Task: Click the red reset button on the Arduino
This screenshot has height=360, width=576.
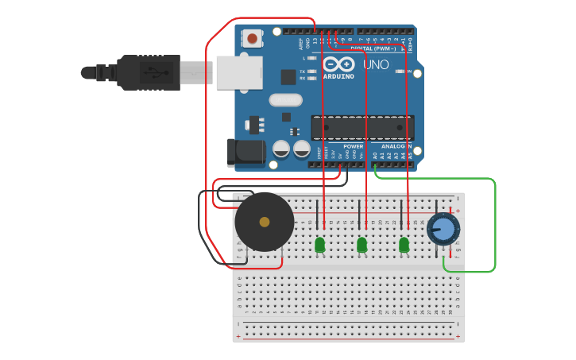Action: (x=253, y=37)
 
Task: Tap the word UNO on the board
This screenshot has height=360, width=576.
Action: (x=376, y=64)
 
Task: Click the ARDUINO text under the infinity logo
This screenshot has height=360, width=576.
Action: (x=338, y=76)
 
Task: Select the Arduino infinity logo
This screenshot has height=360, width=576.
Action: (x=338, y=64)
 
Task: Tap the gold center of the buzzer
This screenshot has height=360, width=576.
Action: (x=265, y=222)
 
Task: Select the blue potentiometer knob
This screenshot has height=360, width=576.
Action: (x=443, y=230)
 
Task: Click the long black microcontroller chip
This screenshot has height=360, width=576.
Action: (x=362, y=127)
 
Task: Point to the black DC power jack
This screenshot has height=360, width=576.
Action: (x=245, y=153)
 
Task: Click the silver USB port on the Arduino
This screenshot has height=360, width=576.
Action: (x=238, y=72)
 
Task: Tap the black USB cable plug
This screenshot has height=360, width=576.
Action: (x=148, y=72)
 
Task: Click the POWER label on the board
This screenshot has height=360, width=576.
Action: (x=354, y=146)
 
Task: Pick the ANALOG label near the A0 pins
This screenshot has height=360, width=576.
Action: (x=392, y=146)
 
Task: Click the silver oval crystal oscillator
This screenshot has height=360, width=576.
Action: (x=285, y=100)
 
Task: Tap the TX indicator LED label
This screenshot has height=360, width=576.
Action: (x=302, y=72)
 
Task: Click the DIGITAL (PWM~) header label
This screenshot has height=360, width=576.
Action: (x=373, y=48)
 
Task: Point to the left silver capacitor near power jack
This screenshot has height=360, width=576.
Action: (x=281, y=149)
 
